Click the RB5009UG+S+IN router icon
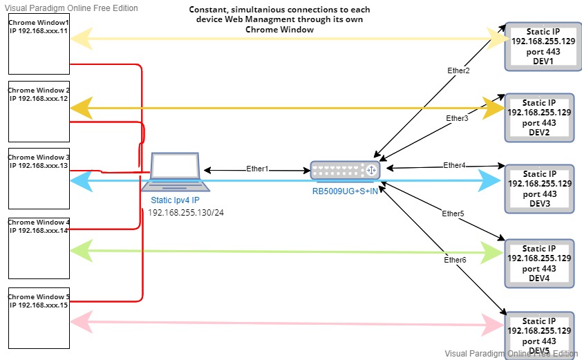[344, 171]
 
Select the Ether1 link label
[257, 169]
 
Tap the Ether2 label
[458, 70]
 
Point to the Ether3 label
[457, 118]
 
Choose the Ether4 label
[454, 165]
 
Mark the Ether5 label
[453, 214]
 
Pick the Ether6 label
[455, 260]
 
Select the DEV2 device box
[539, 117]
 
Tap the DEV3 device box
[539, 189]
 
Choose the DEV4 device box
[539, 263]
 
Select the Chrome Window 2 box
[39, 111]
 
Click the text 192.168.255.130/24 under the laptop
[186, 212]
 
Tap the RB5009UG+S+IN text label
[344, 191]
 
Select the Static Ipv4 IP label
[175, 200]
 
